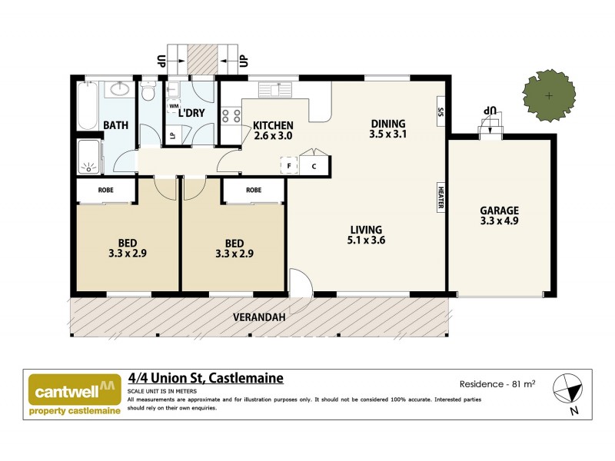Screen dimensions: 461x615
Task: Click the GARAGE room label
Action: pyautogui.click(x=499, y=211)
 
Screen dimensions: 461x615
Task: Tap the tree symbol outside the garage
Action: pyautogui.click(x=548, y=95)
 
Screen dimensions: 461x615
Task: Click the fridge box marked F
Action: pyautogui.click(x=290, y=165)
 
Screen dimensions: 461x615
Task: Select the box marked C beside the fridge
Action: pyautogui.click(x=314, y=165)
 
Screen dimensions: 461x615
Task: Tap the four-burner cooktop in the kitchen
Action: pyautogui.click(x=231, y=116)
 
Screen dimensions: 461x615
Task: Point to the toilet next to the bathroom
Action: pyautogui.click(x=149, y=92)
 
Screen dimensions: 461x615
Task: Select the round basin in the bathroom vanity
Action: pyautogui.click(x=119, y=89)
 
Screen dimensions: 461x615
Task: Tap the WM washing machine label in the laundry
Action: pyautogui.click(x=174, y=106)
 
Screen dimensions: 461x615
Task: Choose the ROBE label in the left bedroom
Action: pyautogui.click(x=106, y=190)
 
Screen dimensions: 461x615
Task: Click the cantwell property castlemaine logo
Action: pyautogui.click(x=75, y=394)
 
